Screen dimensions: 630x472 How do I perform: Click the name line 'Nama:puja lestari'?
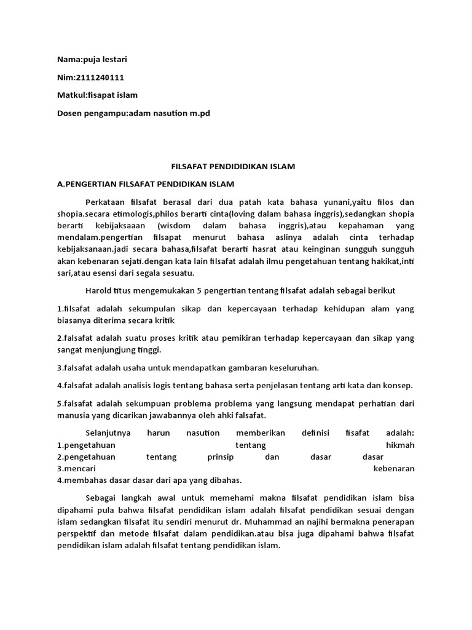(x=92, y=60)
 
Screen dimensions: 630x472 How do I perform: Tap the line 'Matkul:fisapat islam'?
(x=97, y=95)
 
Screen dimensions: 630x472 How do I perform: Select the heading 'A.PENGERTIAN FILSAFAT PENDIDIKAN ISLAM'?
(x=145, y=184)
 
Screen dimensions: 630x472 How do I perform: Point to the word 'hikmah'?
(x=399, y=445)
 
